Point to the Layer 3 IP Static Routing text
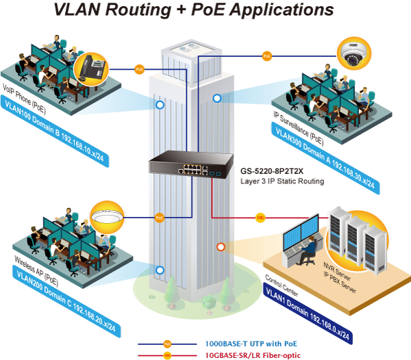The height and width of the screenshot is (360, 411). [282, 181]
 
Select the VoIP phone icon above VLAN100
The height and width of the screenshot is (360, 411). [92, 68]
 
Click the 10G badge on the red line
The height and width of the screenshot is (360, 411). [260, 218]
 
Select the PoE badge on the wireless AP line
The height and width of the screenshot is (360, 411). [160, 218]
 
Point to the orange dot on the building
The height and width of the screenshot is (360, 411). [221, 246]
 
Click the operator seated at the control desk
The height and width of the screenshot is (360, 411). [310, 246]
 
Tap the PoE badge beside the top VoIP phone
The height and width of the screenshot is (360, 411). [140, 69]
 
